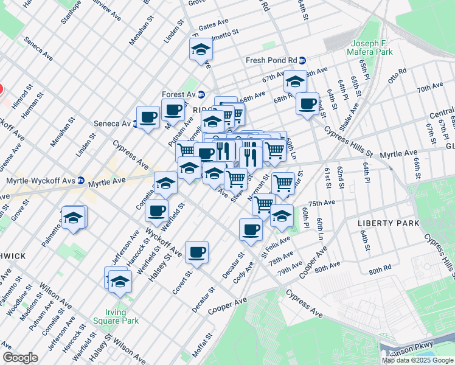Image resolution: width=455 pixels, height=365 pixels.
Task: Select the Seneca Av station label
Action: [112, 123]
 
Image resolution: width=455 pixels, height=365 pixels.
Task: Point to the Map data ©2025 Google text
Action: [417, 360]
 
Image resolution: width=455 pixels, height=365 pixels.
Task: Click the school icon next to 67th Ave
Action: [295, 81]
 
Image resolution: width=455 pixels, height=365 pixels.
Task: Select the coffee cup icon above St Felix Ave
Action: [251, 229]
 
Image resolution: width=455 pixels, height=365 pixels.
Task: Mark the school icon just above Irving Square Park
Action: [120, 281]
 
